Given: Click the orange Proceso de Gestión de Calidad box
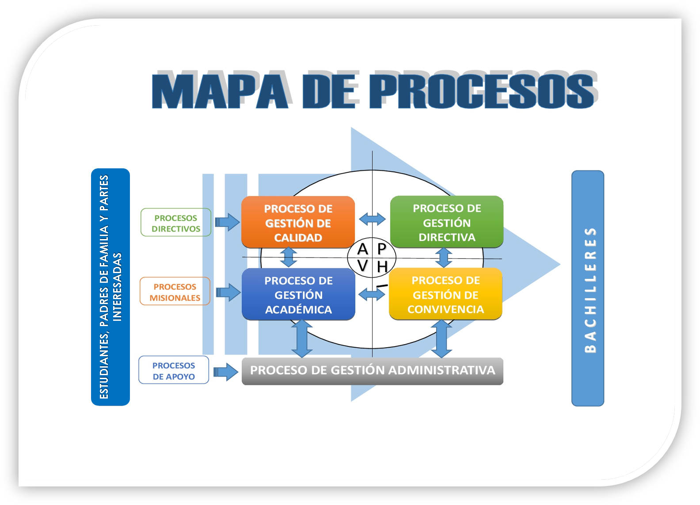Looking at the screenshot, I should [x=298, y=222].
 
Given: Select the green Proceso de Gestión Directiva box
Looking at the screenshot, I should [x=447, y=222].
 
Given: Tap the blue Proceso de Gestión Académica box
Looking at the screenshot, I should [x=298, y=295].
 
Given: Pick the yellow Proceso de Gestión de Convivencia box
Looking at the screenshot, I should [x=445, y=294].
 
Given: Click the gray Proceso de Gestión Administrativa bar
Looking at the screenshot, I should [x=372, y=371].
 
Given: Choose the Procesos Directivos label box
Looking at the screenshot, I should [x=176, y=223].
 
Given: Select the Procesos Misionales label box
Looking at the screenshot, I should [x=175, y=292].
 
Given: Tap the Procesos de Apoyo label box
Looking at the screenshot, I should [x=174, y=370].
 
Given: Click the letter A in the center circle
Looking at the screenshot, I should [x=363, y=250].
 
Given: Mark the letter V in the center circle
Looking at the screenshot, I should [x=363, y=266].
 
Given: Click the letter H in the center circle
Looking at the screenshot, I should [x=382, y=267].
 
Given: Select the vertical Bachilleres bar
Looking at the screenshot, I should [x=588, y=289].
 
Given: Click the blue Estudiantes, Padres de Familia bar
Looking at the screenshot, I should [x=110, y=287].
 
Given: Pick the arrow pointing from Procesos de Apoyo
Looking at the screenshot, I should [x=226, y=372].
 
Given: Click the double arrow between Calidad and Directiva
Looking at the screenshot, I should [x=372, y=219].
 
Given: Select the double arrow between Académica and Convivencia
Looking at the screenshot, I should [x=372, y=294].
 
